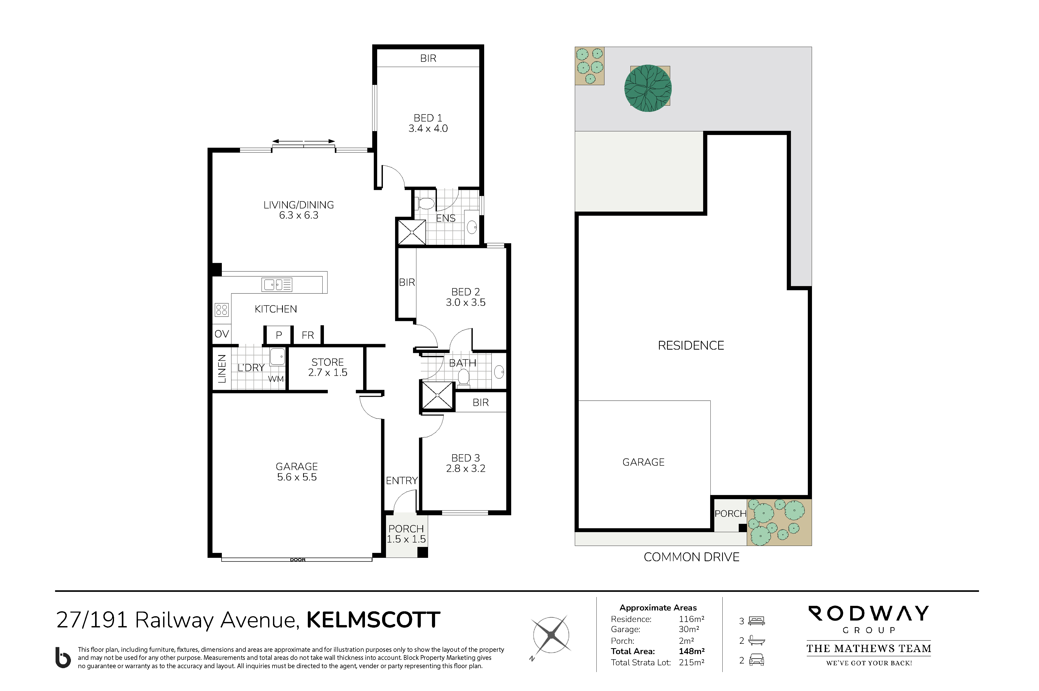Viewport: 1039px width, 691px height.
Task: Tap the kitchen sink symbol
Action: (x=277, y=285)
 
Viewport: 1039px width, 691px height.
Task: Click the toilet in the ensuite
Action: (x=425, y=203)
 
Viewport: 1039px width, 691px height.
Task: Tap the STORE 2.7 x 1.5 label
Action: (x=328, y=367)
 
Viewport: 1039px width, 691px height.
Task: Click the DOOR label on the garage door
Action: (x=298, y=560)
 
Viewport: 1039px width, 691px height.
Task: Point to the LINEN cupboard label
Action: (x=222, y=368)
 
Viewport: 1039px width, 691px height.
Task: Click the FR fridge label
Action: (x=308, y=335)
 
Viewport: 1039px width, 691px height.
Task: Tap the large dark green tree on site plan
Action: (x=648, y=88)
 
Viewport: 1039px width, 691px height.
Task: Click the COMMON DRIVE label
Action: (x=691, y=557)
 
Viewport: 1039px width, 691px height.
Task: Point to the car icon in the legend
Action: (x=756, y=660)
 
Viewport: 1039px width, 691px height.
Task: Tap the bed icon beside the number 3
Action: (x=756, y=621)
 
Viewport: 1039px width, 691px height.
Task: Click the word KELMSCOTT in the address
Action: (x=373, y=620)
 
